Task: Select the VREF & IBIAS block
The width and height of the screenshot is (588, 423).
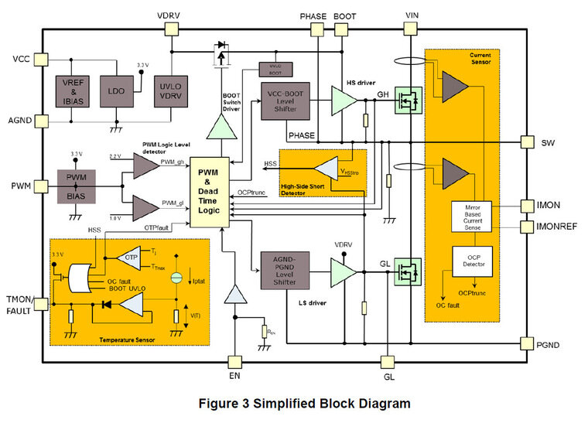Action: [x=73, y=91]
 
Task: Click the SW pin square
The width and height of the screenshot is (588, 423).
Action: [x=528, y=142]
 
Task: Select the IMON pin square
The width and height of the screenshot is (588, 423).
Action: [x=528, y=205]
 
